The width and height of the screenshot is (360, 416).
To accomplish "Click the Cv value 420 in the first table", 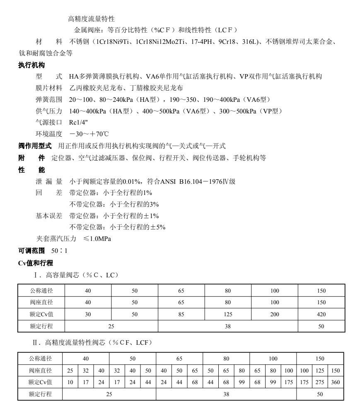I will click(321, 314).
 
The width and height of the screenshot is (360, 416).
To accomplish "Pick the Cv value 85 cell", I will click(181, 314).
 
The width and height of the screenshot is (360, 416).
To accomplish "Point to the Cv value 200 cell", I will click(274, 314).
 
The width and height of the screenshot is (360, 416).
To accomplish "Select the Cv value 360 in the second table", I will click(336, 382).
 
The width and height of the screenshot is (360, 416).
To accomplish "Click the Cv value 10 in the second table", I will click(70, 382).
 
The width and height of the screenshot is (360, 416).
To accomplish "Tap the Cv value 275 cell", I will click(320, 382).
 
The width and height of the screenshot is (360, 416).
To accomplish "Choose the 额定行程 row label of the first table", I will click(40, 326).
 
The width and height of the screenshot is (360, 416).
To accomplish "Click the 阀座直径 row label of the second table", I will click(40, 370).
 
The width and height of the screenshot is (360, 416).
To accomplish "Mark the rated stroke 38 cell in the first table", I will click(227, 326).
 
